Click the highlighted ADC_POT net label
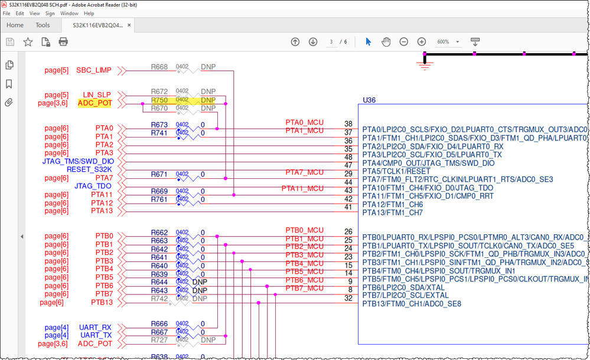point(94,103)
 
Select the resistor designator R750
point(159,100)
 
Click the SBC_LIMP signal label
point(93,71)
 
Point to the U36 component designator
point(369,100)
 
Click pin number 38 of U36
point(348,124)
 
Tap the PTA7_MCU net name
point(304,172)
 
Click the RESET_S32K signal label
point(89,169)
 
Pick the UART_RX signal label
point(95,327)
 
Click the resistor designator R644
point(159,282)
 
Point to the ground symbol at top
point(424,65)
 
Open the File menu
point(6,13)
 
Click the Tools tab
point(43,25)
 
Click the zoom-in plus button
point(422,42)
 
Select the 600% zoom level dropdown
point(449,42)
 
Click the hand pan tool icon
point(386,42)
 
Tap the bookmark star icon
point(27,42)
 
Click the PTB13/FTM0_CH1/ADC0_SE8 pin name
point(412,305)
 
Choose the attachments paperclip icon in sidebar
point(9,103)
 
